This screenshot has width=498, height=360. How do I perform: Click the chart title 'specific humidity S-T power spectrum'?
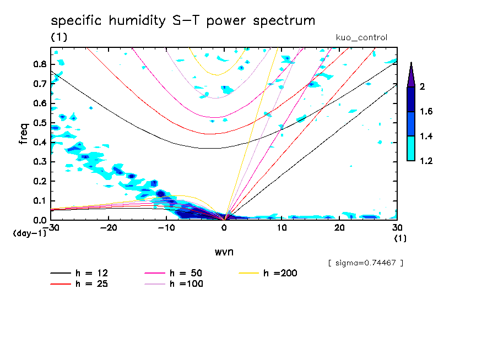(183, 21)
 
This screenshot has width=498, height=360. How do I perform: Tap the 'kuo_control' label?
(361, 38)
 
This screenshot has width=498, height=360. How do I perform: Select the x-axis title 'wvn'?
(224, 252)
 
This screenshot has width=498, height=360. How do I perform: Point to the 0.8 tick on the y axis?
(40, 64)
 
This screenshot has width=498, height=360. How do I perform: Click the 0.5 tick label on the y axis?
(40, 123)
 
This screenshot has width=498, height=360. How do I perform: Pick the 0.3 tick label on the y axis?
(40, 162)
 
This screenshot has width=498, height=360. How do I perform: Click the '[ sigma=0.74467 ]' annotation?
(365, 263)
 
